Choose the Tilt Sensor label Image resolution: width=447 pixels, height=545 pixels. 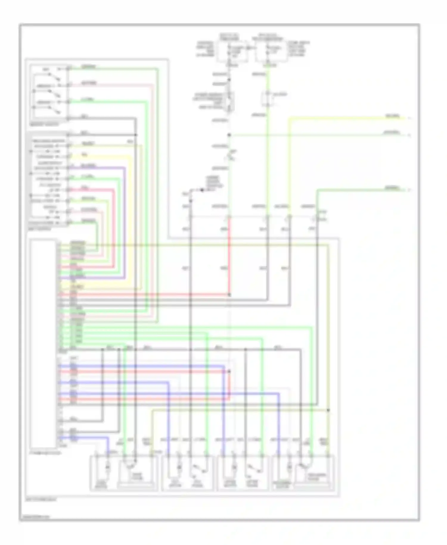pyautogui.click(x=197, y=484)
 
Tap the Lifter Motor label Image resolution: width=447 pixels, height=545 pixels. pyautogui.click(x=230, y=484)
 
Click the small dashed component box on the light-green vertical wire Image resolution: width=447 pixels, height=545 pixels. pyautogui.click(x=268, y=100)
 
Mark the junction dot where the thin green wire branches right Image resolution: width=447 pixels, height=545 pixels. pyautogui.click(x=229, y=135)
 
